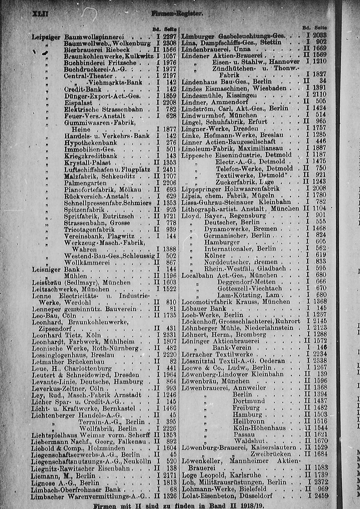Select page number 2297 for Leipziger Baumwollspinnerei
point(169,36)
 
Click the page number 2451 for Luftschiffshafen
point(169,169)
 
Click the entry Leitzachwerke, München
point(71,289)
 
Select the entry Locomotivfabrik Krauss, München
point(236,302)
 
